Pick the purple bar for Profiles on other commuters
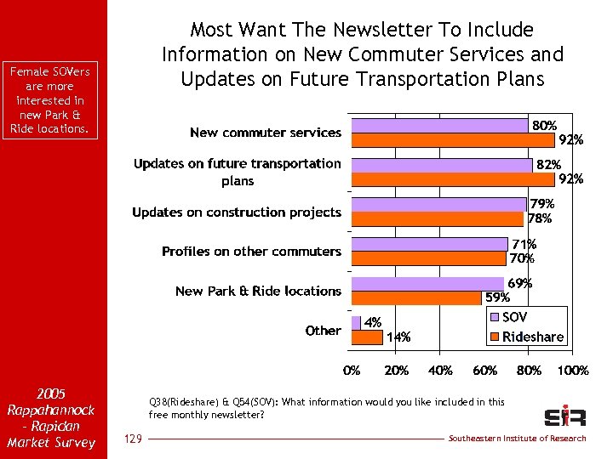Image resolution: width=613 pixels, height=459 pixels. [x=430, y=244]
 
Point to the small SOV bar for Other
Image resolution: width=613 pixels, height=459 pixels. [x=356, y=323]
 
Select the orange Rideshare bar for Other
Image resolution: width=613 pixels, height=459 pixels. [x=367, y=337]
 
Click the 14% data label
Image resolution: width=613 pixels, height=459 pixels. [x=398, y=337]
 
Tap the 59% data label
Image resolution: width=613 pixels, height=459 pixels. [x=497, y=298]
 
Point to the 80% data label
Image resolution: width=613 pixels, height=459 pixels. [x=545, y=126]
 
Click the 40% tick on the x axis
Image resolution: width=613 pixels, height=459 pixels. [x=440, y=371]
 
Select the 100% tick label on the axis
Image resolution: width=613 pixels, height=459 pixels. [x=573, y=371]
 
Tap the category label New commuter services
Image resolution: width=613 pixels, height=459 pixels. [x=265, y=133]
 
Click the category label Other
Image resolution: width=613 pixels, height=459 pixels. [x=323, y=331]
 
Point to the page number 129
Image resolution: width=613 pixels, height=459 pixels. [x=132, y=439]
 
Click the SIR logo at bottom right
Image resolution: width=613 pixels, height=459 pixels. [x=564, y=416]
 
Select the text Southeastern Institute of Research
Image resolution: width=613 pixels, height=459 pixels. [x=518, y=439]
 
